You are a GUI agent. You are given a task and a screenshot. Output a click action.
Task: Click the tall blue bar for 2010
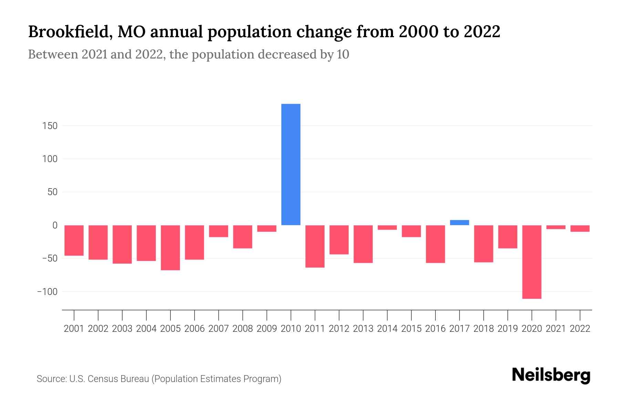click(291, 165)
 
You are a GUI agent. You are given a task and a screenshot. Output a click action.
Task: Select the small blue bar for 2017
click(459, 222)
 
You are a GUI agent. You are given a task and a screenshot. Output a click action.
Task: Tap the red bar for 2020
click(532, 262)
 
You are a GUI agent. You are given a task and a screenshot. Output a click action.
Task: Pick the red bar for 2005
click(170, 247)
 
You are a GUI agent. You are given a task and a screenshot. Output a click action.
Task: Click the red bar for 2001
click(74, 240)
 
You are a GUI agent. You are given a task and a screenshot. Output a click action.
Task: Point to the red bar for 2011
click(315, 246)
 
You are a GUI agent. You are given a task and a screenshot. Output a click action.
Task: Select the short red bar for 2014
click(387, 227)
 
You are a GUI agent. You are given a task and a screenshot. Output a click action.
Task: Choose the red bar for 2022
click(580, 228)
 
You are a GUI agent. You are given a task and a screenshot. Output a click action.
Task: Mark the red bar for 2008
click(243, 236)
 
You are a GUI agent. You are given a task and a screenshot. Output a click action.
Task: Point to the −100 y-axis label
click(47, 292)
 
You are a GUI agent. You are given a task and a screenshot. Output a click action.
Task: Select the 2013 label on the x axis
click(363, 329)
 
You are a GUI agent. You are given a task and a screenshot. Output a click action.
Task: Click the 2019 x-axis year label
click(508, 329)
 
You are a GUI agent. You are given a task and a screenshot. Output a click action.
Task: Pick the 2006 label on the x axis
click(195, 329)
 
